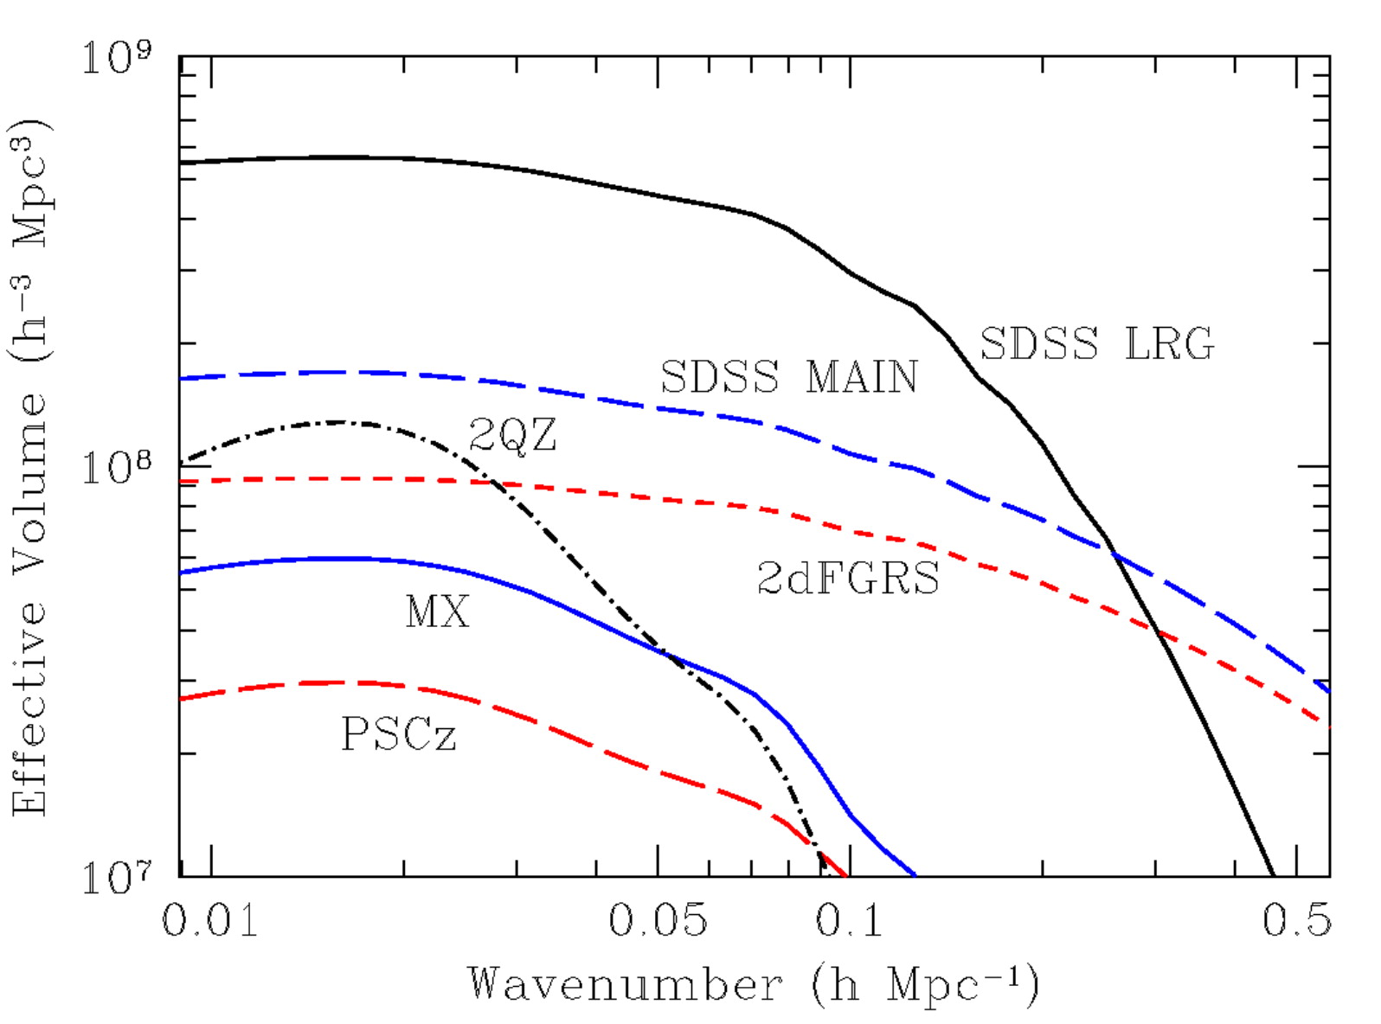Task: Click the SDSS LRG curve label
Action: pyautogui.click(x=1096, y=344)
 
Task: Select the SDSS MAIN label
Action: pyautogui.click(x=788, y=377)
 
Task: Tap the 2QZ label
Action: pyautogui.click(x=512, y=434)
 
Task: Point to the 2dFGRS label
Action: pyautogui.click(x=848, y=578)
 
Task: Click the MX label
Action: pyautogui.click(x=437, y=612)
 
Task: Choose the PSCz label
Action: pyautogui.click(x=399, y=735)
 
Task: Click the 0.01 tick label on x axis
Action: pyautogui.click(x=210, y=920)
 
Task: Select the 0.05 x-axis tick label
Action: pyautogui.click(x=658, y=920)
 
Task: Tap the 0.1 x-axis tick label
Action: pyautogui.click(x=849, y=920)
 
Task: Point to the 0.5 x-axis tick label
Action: pyautogui.click(x=1296, y=920)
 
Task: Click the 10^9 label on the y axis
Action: pyautogui.click(x=116, y=57)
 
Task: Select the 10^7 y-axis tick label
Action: pyautogui.click(x=116, y=877)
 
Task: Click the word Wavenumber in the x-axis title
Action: pyautogui.click(x=626, y=984)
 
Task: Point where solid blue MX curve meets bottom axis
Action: pyautogui.click(x=915, y=876)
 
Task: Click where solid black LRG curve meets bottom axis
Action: pyautogui.click(x=1273, y=876)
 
